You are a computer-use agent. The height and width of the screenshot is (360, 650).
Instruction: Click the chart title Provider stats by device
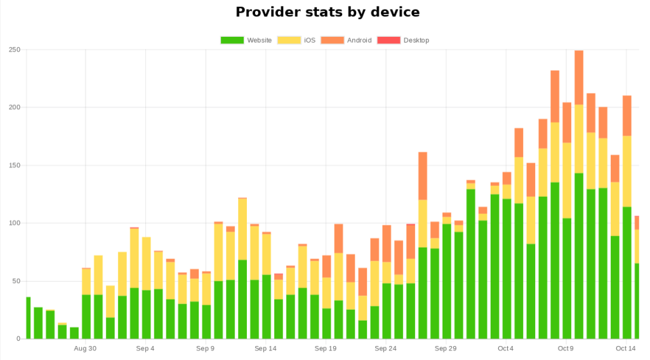tap(328, 12)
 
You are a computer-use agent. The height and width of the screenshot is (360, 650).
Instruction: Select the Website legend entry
tap(246, 40)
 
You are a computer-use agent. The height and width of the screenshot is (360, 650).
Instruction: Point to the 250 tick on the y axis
tap(13, 50)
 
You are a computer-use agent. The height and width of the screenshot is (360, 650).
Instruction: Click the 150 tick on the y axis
tap(13, 166)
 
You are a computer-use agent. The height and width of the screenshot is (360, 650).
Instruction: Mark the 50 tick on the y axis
tap(15, 281)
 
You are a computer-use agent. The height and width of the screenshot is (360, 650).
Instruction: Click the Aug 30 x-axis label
tap(86, 349)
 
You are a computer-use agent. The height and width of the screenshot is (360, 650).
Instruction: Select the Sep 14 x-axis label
tap(265, 349)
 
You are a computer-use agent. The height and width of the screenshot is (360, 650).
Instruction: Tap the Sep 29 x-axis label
tap(446, 349)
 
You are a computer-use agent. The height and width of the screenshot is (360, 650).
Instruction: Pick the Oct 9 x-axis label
tap(566, 349)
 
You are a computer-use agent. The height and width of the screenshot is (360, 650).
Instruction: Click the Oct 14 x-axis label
tap(626, 349)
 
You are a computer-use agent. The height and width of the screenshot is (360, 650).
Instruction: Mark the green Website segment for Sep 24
tap(387, 311)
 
